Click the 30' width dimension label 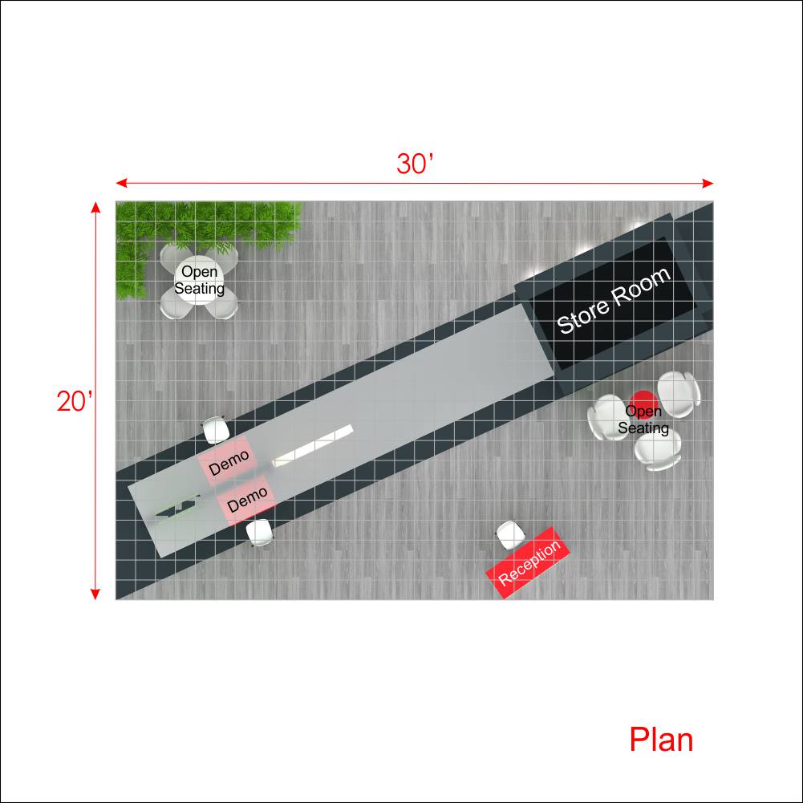[415, 164]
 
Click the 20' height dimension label [75, 401]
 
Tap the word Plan [661, 740]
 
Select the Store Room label [613, 301]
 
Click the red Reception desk [528, 562]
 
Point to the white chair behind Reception [510, 535]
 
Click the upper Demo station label [229, 462]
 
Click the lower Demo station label [247, 500]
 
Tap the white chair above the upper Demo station [216, 430]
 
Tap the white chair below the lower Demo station [259, 533]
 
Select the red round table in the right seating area [643, 403]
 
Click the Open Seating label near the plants [199, 280]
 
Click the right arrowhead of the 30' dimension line [708, 184]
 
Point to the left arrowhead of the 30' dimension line [121, 184]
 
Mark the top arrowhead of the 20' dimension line [95, 207]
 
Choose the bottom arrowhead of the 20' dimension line [95, 594]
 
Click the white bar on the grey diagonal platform [312, 445]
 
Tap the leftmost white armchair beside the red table [608, 417]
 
